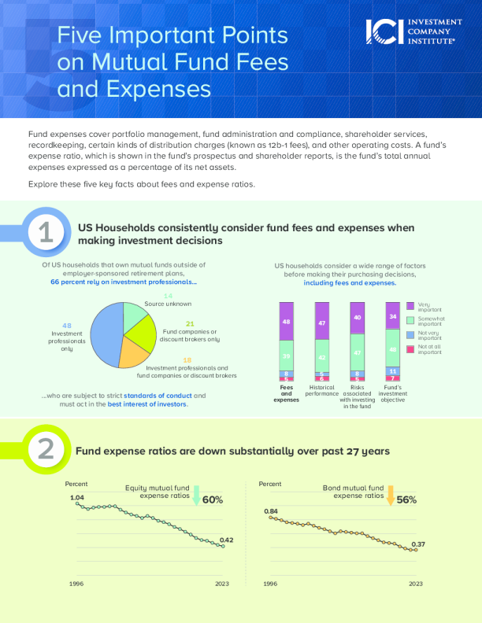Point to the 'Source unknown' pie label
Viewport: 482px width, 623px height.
coord(168,304)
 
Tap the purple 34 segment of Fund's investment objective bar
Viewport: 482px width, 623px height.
coord(393,315)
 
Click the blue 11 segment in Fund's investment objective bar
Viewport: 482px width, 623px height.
coord(393,370)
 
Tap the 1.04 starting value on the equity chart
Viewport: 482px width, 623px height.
coord(77,498)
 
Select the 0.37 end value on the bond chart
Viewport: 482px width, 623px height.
coord(418,544)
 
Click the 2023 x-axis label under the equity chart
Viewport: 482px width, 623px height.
coord(223,584)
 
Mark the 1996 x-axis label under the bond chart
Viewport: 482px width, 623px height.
coord(270,584)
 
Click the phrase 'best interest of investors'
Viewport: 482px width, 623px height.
coord(148,404)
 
